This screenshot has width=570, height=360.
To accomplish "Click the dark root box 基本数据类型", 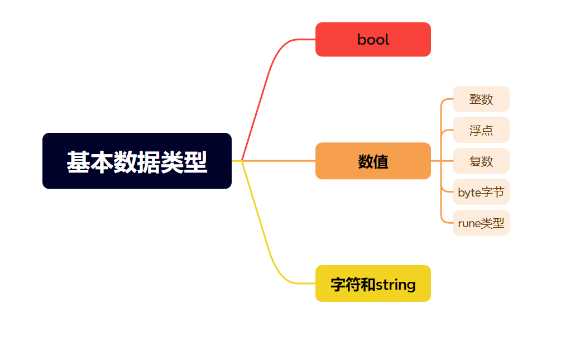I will point(137,161).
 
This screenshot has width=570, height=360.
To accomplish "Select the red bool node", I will point(373,40).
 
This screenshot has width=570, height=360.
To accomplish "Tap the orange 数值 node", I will point(373,161).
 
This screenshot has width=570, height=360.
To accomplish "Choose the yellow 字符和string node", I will point(373,284).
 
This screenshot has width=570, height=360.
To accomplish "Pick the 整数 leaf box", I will point(481,99).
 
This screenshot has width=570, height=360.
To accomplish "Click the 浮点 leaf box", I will point(481,130).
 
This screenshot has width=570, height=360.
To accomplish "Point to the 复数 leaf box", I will point(481,161).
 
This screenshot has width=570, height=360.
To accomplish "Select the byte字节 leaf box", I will point(481,193).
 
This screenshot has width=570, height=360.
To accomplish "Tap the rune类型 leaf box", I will point(481,223).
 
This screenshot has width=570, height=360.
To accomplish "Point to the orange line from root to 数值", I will point(279,161).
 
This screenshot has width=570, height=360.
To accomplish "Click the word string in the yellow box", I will point(395,285).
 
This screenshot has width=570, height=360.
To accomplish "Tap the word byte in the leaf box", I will point(469,193).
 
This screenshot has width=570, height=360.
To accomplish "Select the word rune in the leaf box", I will point(469,224).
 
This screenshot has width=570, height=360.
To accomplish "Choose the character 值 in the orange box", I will point(381,161).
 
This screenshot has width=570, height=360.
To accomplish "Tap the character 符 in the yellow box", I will point(353,285).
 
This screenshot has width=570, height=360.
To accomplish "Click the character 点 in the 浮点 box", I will point(487,131).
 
